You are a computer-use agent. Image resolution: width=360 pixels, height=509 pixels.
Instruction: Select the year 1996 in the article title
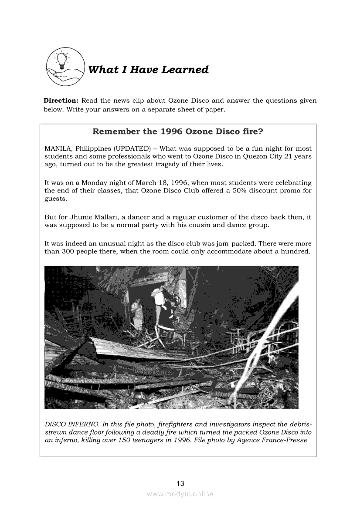tap(172, 131)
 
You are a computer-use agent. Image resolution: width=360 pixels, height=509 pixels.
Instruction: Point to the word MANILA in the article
tap(58, 148)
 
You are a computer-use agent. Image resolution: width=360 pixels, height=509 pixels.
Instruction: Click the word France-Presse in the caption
tap(286, 440)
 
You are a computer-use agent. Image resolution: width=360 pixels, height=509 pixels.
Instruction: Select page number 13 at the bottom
tap(180, 483)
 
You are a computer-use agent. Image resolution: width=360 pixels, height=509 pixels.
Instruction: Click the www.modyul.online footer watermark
tap(180, 494)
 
